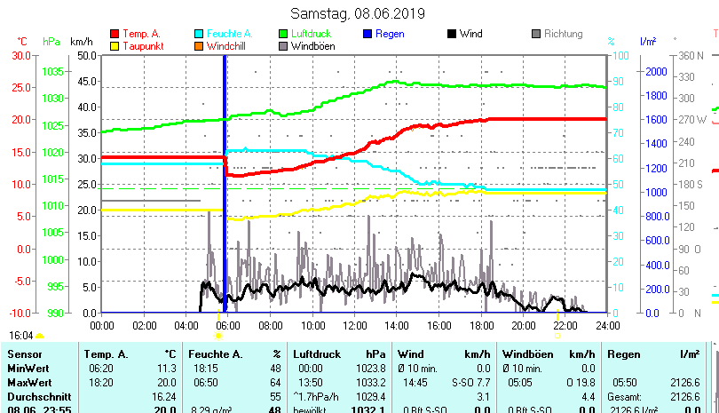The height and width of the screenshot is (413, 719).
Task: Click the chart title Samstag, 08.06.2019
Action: [x=358, y=13]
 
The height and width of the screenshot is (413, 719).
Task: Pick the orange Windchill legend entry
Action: [x=227, y=45]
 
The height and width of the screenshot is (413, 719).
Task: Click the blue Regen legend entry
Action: [x=389, y=34]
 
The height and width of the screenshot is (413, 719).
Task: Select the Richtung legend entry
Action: [x=563, y=34]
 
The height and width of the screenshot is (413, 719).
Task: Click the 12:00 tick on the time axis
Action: [x=355, y=325]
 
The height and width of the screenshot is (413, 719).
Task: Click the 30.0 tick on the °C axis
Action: [x=21, y=55]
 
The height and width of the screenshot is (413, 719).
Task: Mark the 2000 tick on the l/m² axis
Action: [x=656, y=71]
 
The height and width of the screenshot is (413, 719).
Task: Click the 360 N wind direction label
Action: [x=691, y=55]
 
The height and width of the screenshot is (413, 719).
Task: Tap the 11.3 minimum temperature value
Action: [x=167, y=368]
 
